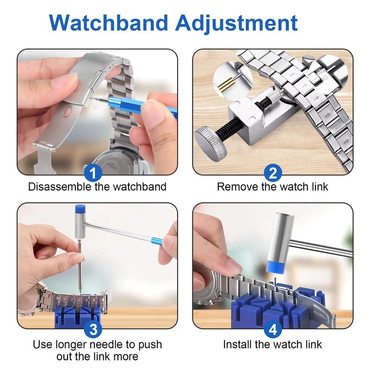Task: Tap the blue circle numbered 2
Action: point(273,173)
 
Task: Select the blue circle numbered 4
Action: point(273,329)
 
